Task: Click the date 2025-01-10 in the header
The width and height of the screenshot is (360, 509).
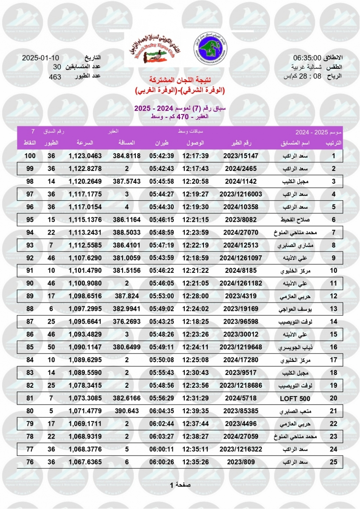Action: pyautogui.click(x=41, y=58)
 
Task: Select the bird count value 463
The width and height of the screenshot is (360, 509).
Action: pyautogui.click(x=55, y=77)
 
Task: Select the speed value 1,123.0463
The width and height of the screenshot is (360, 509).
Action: pyautogui.click(x=85, y=156)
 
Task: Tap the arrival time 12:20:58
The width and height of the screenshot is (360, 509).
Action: pyautogui.click(x=195, y=182)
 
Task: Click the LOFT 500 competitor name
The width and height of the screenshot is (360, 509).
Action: pyautogui.click(x=295, y=399)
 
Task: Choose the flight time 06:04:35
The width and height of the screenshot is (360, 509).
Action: pyautogui.click(x=162, y=411)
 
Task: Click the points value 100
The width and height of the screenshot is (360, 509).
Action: pyautogui.click(x=29, y=156)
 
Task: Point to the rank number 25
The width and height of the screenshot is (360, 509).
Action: pyautogui.click(x=334, y=462)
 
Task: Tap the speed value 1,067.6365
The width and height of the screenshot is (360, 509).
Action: pyautogui.click(x=85, y=462)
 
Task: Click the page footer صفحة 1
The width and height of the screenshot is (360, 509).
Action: pyautogui.click(x=180, y=485)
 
